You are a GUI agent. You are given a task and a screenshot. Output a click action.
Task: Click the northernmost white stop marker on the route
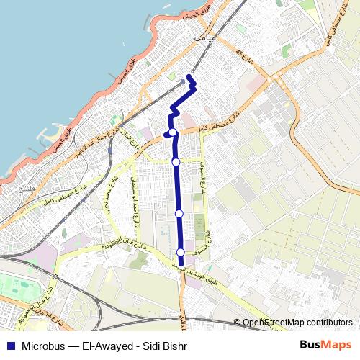pos(174,132)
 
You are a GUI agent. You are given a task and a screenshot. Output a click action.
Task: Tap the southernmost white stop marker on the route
pos(180,251)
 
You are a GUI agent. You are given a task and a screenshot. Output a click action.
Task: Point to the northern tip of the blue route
pos(189,76)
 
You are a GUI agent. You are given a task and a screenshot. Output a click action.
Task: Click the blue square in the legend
pos(9,344)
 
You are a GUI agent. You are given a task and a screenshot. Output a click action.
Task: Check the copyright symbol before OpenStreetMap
pos(237,323)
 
